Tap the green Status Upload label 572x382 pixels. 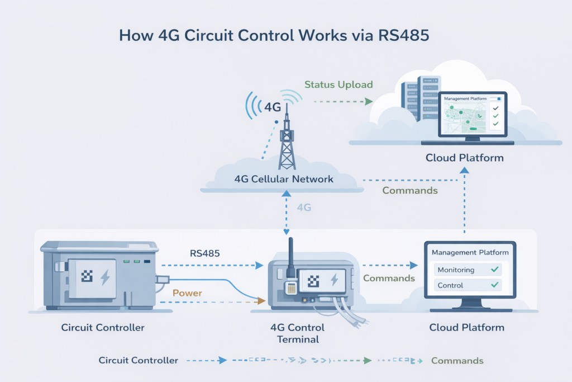(x=339, y=85)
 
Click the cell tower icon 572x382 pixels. (x=287, y=140)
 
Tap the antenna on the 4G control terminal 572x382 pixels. (x=290, y=256)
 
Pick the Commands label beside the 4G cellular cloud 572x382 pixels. (x=409, y=191)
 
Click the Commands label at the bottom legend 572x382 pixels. (x=457, y=361)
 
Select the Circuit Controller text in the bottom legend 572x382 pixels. (x=139, y=361)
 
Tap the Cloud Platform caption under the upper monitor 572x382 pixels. (x=464, y=158)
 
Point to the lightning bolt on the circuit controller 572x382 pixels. (x=104, y=276)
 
